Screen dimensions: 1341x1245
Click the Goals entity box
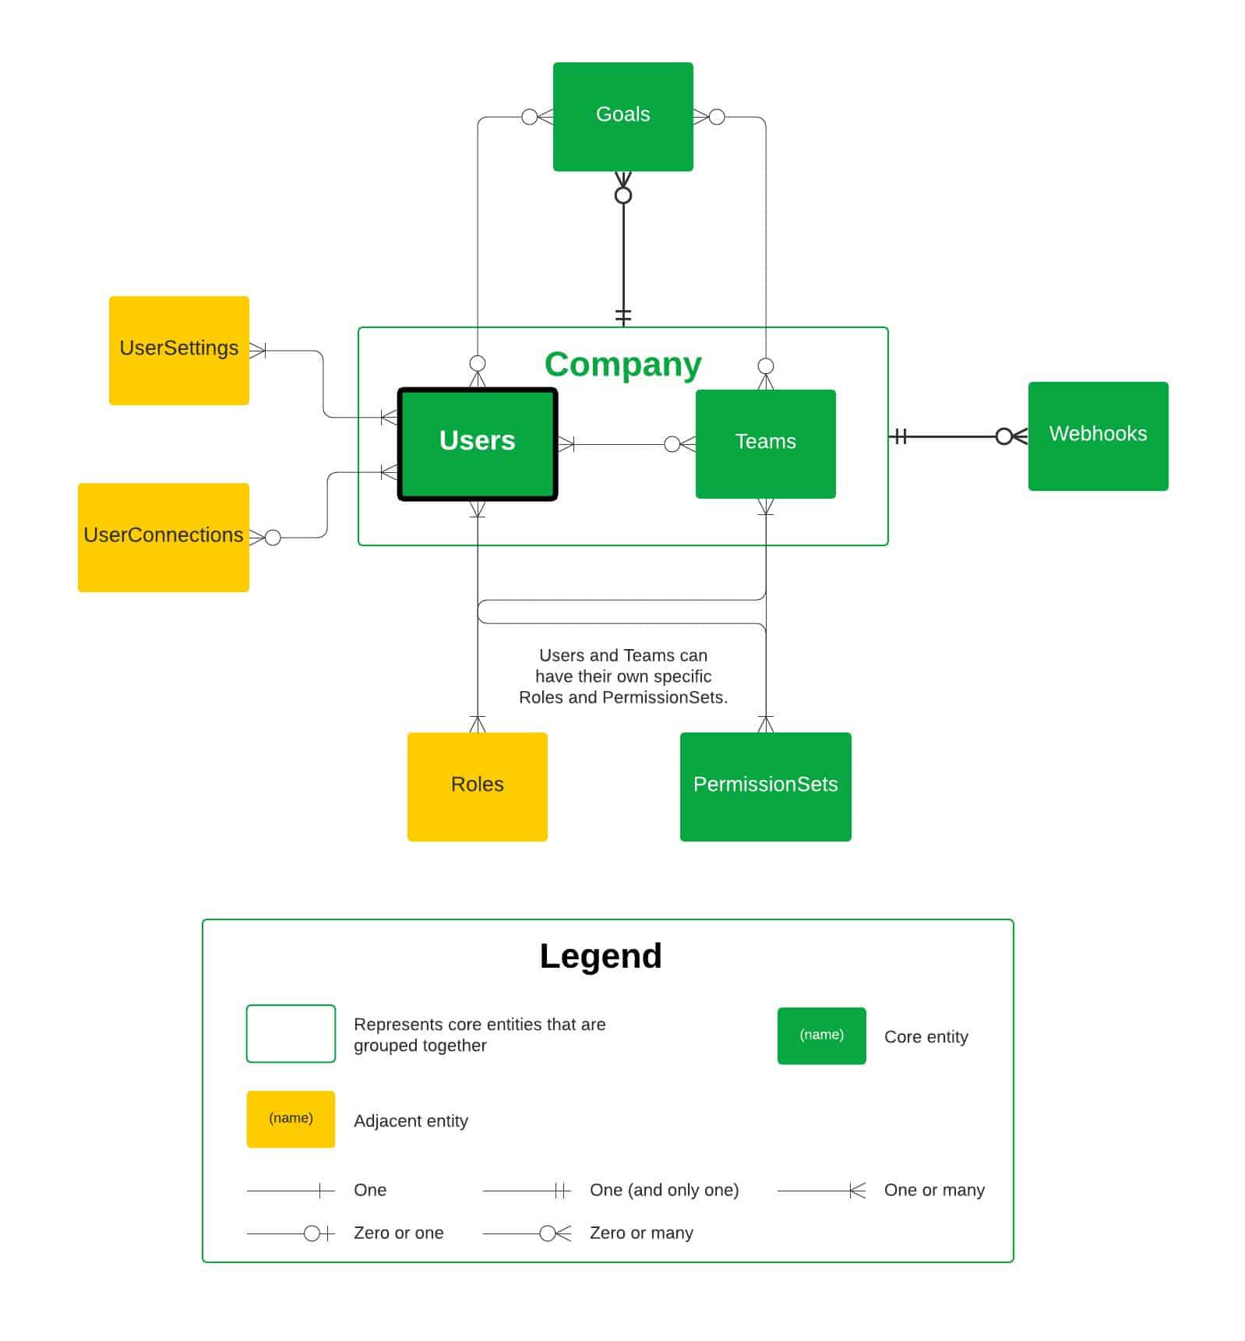coord(622,116)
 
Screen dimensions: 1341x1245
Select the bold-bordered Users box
coord(477,443)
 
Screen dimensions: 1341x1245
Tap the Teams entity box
coord(765,443)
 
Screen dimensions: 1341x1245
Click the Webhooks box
coord(1097,436)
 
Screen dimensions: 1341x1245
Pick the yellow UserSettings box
coord(178,350)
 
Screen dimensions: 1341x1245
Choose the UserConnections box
coord(163,537)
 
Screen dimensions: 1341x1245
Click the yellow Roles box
coord(477,786)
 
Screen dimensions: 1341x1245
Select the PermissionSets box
coord(765,786)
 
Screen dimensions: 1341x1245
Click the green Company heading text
coord(622,364)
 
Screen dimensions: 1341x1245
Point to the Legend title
coord(600,956)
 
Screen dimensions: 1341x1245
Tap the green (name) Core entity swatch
coord(821,1036)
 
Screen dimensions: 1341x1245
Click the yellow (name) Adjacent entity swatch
coord(291,1119)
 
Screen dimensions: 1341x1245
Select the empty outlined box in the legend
coord(291,1033)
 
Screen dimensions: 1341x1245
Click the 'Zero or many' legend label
coord(640,1233)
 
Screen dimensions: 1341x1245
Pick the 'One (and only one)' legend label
coord(664,1190)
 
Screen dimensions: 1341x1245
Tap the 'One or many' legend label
coord(933,1190)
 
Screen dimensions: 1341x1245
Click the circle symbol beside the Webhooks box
coord(1004,436)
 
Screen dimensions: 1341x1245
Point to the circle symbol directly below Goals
coord(622,196)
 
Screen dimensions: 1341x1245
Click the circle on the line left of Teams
coord(672,444)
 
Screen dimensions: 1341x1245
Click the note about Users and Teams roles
coord(622,676)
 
